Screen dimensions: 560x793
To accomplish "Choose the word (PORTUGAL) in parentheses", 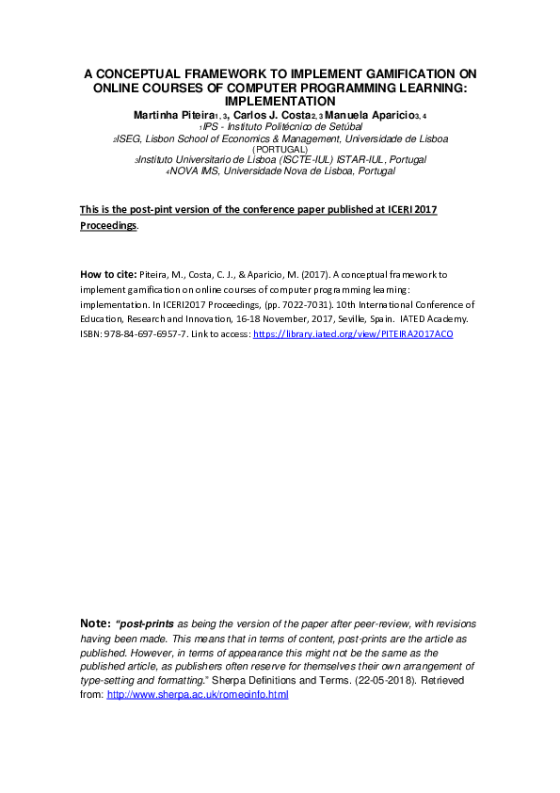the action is [x=280, y=149].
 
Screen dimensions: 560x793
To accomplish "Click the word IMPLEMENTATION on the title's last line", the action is [x=280, y=100].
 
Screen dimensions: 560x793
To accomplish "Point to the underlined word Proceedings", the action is [x=108, y=226].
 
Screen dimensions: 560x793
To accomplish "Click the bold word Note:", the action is [x=96, y=624].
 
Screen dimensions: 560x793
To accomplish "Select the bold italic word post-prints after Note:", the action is [x=147, y=624].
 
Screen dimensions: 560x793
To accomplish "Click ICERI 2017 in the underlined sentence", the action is [x=412, y=209].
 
